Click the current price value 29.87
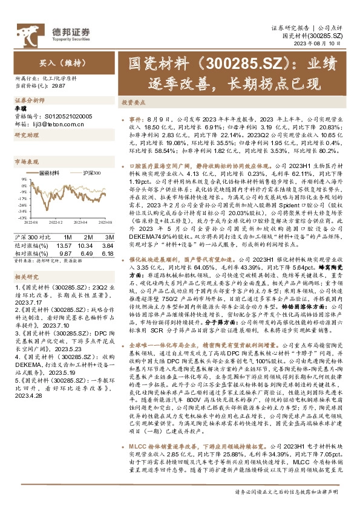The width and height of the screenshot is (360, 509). tap(59, 86)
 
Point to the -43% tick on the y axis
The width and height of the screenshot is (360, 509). tap(22, 217)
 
